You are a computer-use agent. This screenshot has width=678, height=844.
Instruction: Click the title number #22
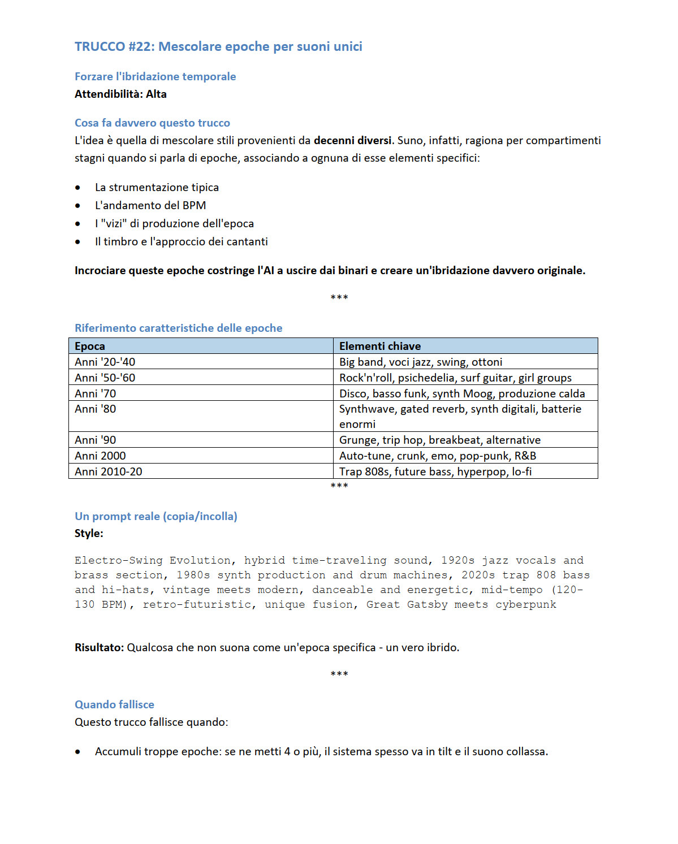(141, 46)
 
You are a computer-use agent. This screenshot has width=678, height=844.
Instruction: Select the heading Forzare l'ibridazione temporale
(155, 76)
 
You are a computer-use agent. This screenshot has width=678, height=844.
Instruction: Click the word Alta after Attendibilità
(156, 94)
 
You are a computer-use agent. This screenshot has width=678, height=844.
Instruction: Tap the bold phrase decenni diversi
(352, 140)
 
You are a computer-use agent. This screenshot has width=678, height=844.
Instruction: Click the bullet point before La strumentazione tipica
(77, 188)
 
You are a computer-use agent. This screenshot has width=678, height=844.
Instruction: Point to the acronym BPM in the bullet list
(194, 205)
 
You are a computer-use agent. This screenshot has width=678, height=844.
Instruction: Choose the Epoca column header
(90, 346)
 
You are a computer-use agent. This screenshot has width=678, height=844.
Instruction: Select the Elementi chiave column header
(380, 346)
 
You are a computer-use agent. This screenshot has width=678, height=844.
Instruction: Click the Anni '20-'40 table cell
(105, 362)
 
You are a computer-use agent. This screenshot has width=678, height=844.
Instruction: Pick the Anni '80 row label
(96, 409)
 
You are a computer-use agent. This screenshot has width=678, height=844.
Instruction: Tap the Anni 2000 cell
(100, 456)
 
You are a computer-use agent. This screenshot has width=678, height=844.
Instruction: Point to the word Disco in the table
(353, 393)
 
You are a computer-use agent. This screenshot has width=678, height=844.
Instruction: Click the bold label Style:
(89, 533)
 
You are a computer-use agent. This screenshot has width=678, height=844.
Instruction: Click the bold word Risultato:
(99, 647)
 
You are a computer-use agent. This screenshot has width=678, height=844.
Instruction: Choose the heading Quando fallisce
(114, 704)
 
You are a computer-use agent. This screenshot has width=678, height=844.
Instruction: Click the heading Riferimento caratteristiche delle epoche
(178, 328)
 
